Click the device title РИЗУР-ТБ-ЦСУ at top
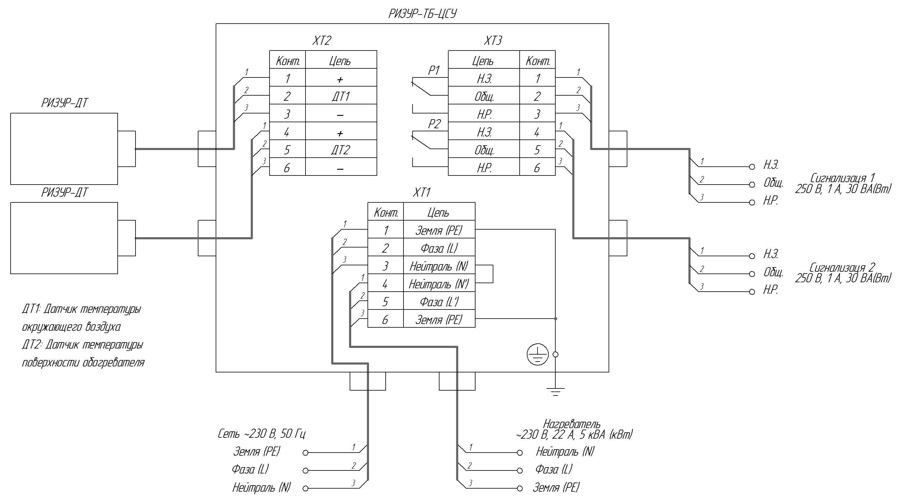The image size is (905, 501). pos(422,14)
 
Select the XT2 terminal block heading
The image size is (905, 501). pos(322,41)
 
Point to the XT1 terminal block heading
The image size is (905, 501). pos(421,192)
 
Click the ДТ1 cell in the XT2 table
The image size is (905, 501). pos(340,96)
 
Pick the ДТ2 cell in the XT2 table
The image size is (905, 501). pos(340,150)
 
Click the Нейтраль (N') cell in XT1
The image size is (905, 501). pos(439,284)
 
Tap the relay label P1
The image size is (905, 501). pos(434,70)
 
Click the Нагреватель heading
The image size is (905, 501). pos(572,424)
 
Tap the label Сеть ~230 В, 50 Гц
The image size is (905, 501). pos(261,434)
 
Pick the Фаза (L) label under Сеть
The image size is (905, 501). pos(250,469)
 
